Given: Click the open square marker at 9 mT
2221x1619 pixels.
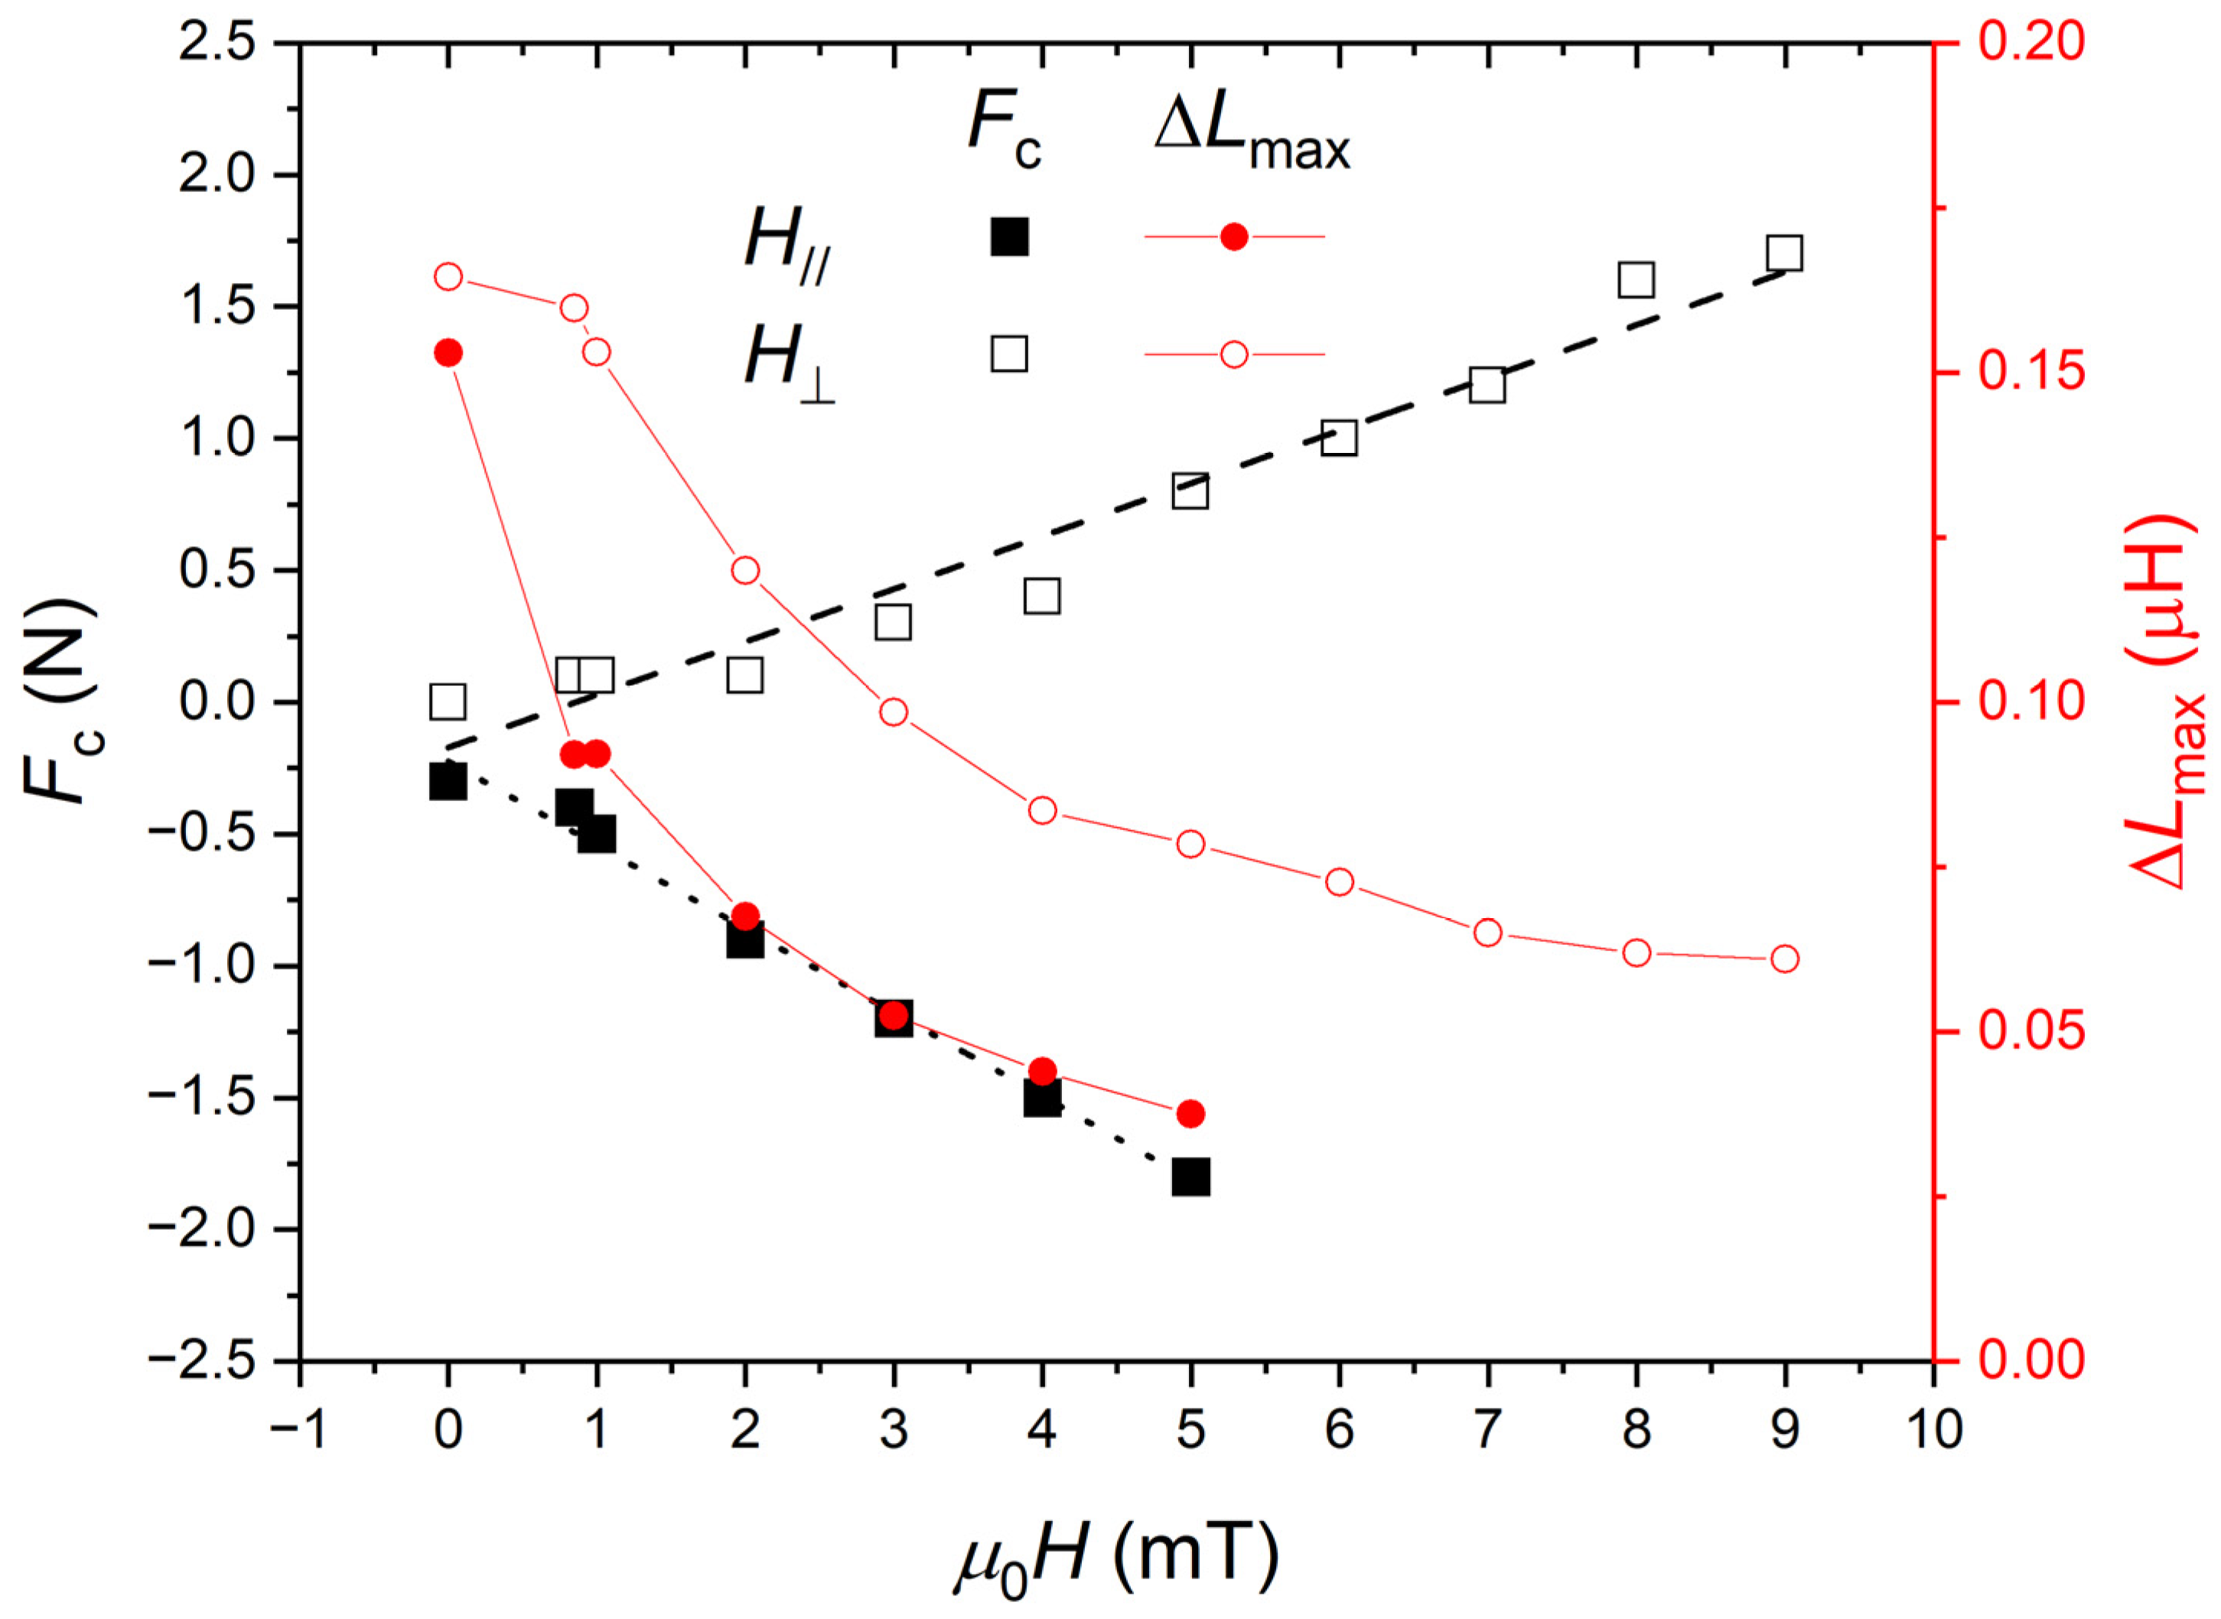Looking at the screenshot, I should click(1784, 252).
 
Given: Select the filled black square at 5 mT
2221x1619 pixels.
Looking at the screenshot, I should click(1190, 1176).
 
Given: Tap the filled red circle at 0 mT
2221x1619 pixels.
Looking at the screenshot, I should click(448, 353).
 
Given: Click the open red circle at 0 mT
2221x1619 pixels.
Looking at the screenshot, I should click(448, 277).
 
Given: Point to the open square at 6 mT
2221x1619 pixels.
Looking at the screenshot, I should click(1338, 438).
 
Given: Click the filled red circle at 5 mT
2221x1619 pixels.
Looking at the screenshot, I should click(1190, 1113).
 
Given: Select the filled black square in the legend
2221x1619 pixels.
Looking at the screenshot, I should click(1009, 237).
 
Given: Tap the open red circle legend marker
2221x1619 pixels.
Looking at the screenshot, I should click(1233, 353).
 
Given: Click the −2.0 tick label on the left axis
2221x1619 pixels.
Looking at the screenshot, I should click(201, 1230).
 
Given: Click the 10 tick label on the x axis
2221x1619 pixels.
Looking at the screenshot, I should click(1934, 1431).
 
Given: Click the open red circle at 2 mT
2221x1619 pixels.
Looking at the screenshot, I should click(744, 570).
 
